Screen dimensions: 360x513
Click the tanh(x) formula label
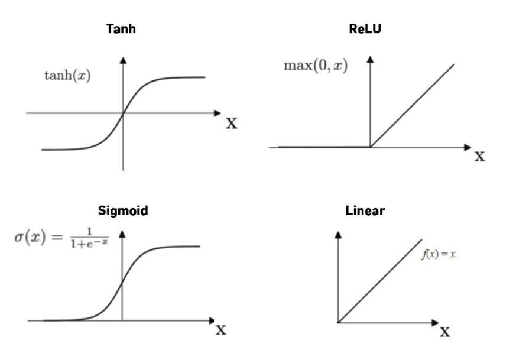click(x=68, y=77)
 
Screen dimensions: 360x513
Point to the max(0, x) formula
click(x=316, y=64)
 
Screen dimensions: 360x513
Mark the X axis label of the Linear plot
click(x=444, y=332)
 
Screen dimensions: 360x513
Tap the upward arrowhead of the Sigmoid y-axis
click(x=122, y=235)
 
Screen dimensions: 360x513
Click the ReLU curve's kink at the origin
click(x=371, y=147)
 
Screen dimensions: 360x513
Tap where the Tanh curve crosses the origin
click(x=123, y=112)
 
